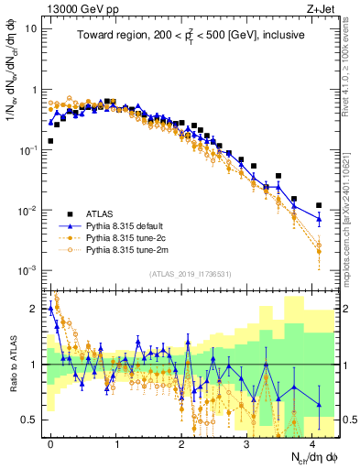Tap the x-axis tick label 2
point(180,441)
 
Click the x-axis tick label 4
point(311,441)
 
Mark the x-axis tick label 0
point(50,441)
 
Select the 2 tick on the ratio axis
point(32,309)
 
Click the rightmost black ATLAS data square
point(319,205)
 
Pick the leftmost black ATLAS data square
point(50,141)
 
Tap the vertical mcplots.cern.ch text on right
point(349,211)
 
